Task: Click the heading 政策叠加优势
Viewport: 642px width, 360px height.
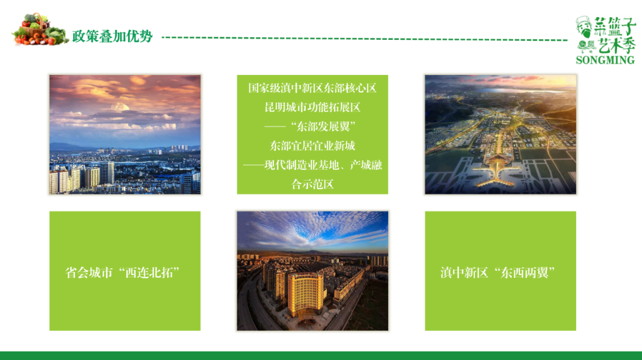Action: [112, 36]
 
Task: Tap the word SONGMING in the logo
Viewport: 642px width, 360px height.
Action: [605, 59]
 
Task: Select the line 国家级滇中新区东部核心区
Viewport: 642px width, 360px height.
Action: [312, 88]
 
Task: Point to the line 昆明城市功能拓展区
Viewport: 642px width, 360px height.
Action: [312, 108]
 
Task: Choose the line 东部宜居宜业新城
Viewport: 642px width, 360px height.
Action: [312, 146]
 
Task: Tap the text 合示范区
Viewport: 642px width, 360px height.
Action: [312, 184]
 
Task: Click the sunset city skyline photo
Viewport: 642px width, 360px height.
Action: [125, 134]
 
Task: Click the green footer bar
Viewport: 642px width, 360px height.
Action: [321, 355]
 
